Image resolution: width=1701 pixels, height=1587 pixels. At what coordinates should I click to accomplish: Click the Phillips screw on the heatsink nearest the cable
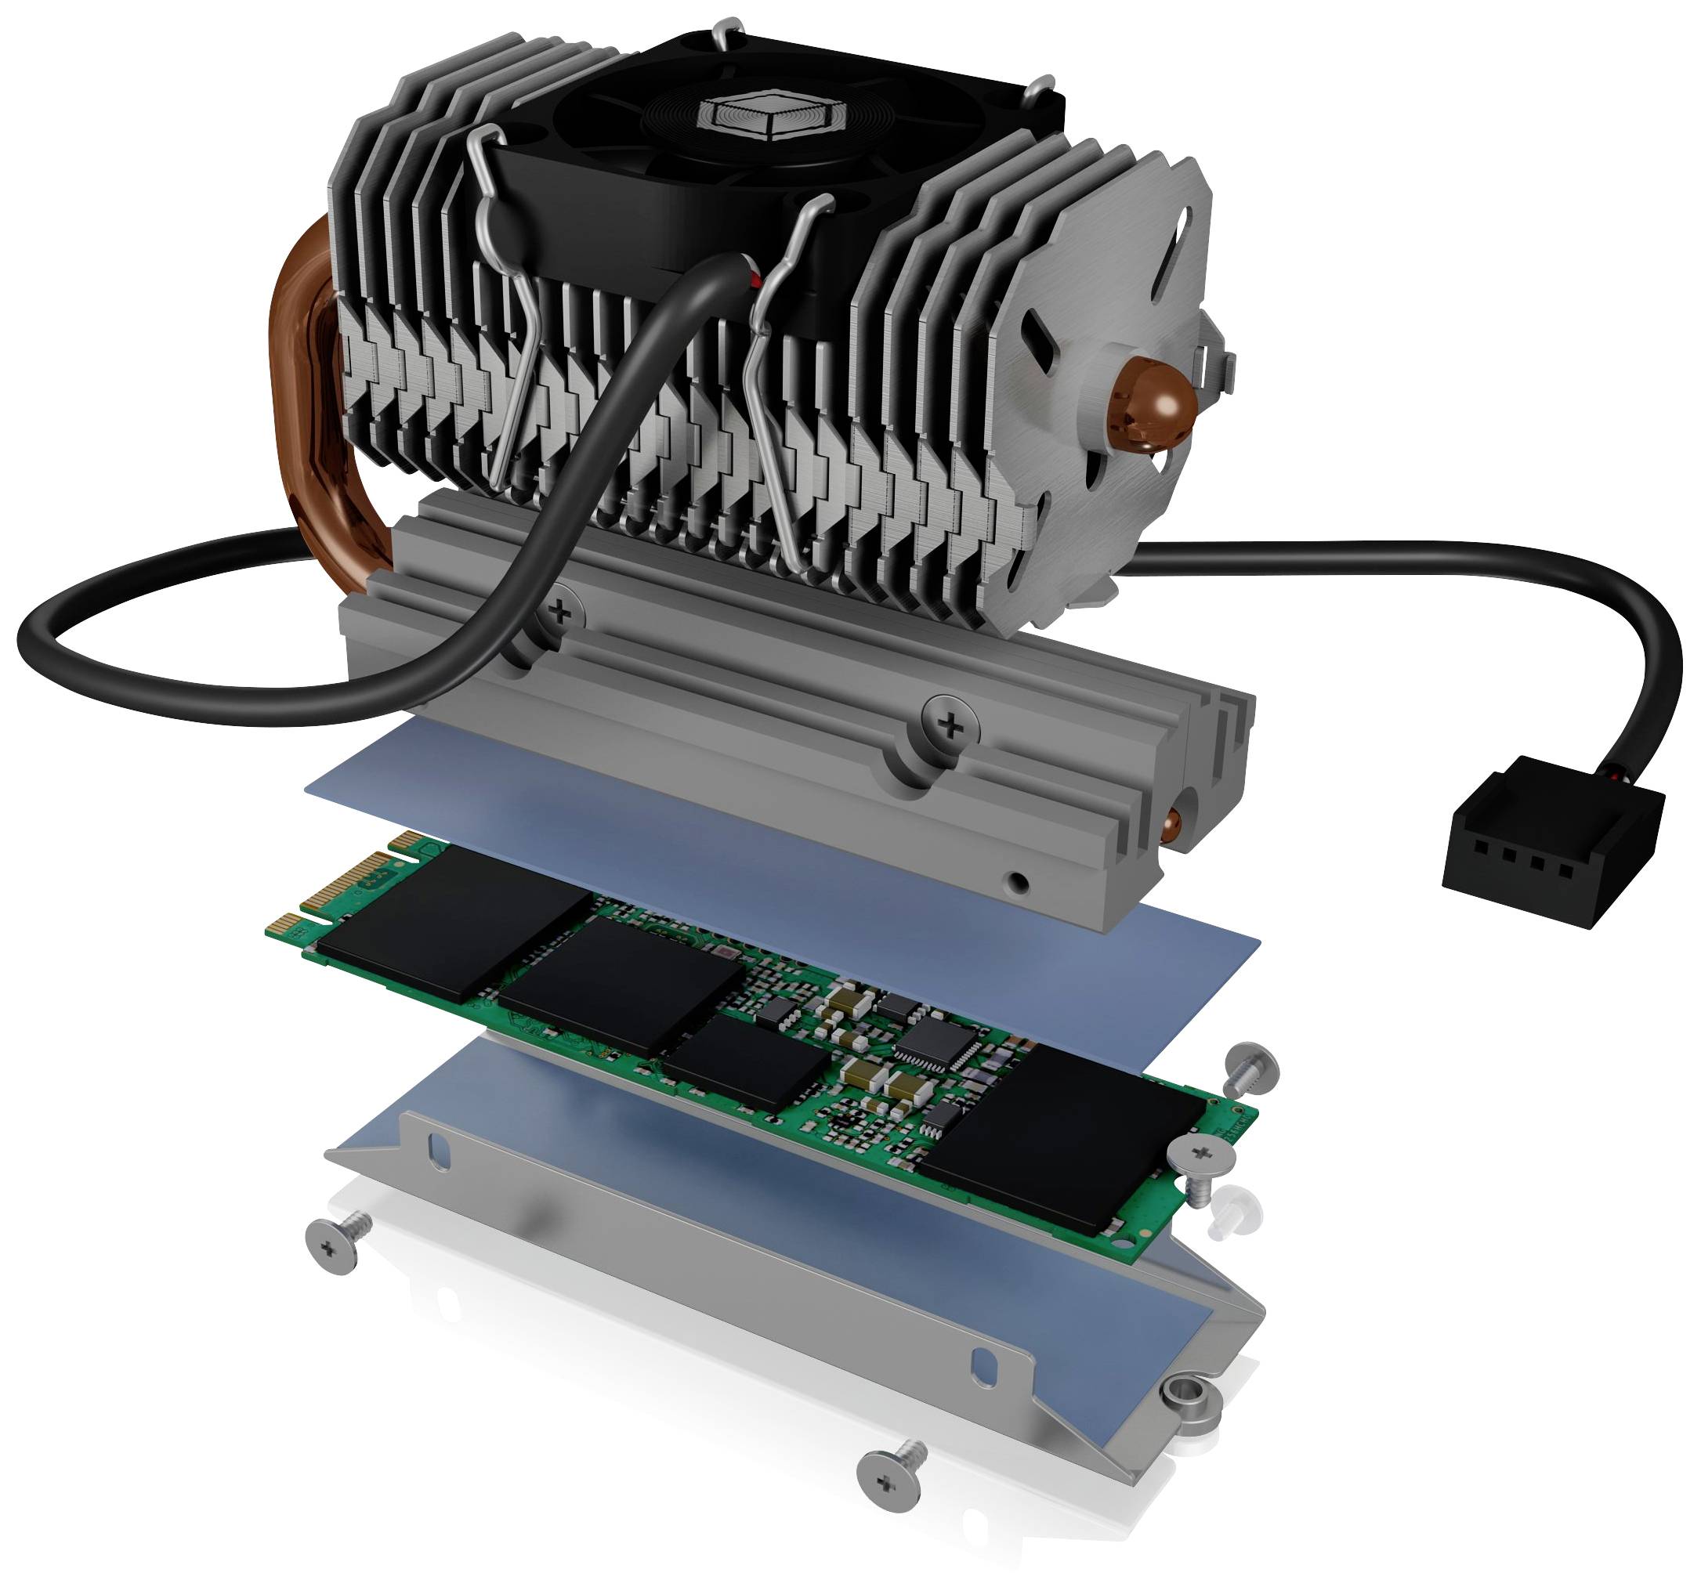(x=559, y=611)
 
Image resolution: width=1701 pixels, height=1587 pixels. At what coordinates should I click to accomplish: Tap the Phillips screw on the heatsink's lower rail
(x=949, y=725)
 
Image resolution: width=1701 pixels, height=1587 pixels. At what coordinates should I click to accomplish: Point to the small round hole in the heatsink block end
(x=1016, y=881)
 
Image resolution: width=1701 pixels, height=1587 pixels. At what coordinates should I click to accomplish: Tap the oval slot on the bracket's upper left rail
(x=438, y=1150)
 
